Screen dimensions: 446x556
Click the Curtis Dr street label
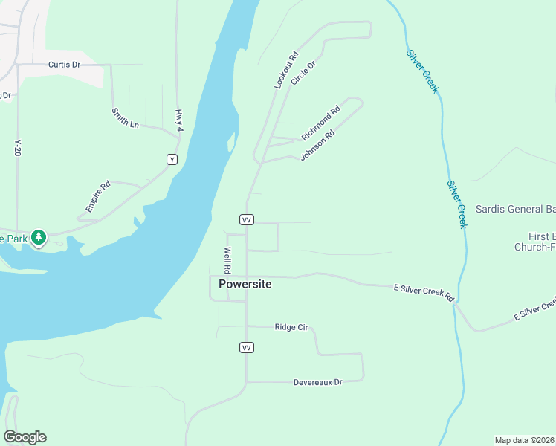point(64,65)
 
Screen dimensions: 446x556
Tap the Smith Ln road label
point(125,118)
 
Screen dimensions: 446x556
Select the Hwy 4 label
point(178,121)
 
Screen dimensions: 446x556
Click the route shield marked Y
point(172,159)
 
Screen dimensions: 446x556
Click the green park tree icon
point(39,238)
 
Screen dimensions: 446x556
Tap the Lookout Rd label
point(285,71)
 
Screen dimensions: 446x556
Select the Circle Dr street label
point(303,73)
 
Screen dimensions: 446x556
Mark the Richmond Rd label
point(320,123)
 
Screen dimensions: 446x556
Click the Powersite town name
point(245,284)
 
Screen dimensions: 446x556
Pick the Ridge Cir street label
point(291,326)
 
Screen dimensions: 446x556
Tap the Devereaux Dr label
point(317,382)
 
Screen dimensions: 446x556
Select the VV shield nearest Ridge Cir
point(247,347)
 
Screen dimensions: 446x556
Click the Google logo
point(25,437)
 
